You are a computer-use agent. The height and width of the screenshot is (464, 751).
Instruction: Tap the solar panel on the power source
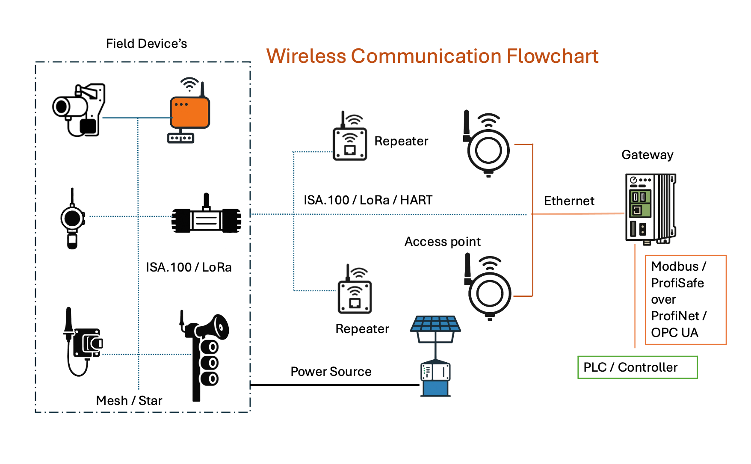435,324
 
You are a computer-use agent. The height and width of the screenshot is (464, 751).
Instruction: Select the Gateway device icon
650,209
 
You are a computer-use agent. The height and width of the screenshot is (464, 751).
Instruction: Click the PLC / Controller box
637,367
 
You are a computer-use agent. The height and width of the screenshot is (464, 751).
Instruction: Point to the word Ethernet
569,201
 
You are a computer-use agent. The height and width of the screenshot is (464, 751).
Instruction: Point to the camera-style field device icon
79,110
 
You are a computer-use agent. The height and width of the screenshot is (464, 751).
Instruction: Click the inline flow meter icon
206,217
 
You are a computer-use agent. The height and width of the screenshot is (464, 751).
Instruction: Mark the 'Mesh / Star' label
129,401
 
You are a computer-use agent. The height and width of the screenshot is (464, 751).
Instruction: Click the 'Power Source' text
331,372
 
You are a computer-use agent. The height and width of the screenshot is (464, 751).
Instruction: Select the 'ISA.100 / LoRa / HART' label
368,200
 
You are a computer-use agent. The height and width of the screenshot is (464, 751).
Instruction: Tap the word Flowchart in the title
553,56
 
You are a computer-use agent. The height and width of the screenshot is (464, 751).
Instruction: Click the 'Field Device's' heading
147,44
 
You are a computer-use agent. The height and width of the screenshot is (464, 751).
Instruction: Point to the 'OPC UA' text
674,333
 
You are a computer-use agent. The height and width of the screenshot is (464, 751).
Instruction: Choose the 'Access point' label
443,242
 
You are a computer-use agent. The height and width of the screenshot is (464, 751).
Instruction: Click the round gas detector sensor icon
72,219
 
